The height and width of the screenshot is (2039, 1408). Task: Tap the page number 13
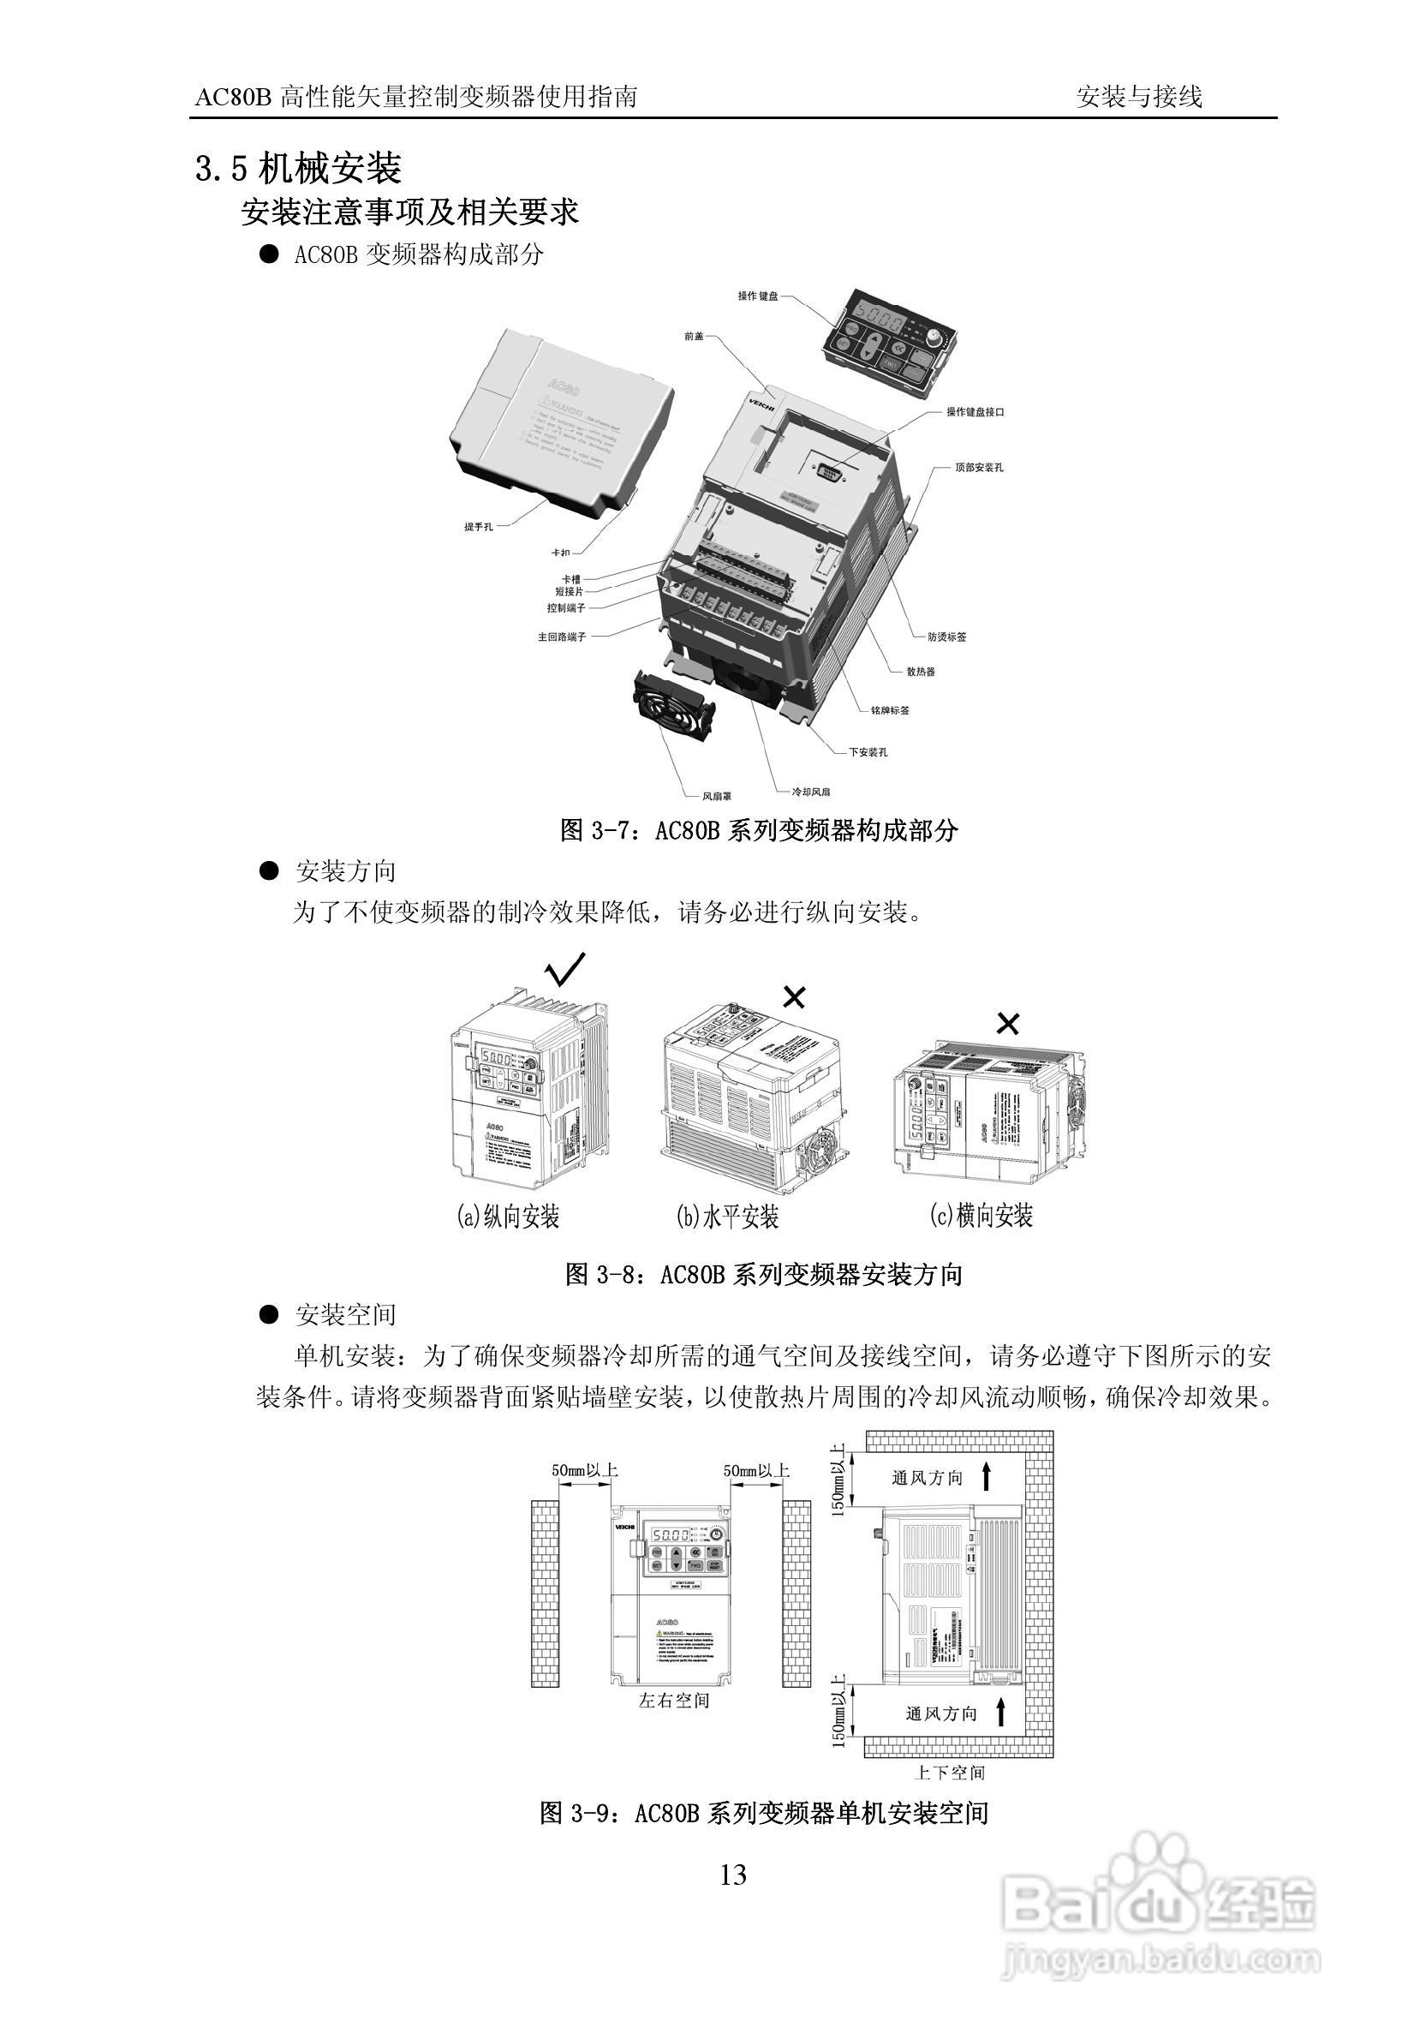point(733,1875)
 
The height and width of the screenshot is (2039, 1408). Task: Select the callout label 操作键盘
point(758,296)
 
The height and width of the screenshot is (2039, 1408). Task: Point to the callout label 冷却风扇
point(811,792)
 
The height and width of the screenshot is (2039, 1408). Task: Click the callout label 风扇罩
point(716,797)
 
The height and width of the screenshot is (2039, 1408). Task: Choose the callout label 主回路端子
point(561,637)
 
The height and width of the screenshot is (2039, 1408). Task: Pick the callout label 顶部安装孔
point(978,467)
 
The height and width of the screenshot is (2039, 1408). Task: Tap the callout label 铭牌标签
point(889,710)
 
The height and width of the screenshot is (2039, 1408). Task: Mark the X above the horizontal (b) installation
point(794,998)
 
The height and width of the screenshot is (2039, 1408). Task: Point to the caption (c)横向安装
point(981,1216)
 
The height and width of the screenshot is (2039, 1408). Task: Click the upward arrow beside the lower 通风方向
point(1000,1713)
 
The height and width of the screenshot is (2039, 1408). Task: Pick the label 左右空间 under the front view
point(673,1701)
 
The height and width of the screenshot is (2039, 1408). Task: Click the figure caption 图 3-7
point(759,830)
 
